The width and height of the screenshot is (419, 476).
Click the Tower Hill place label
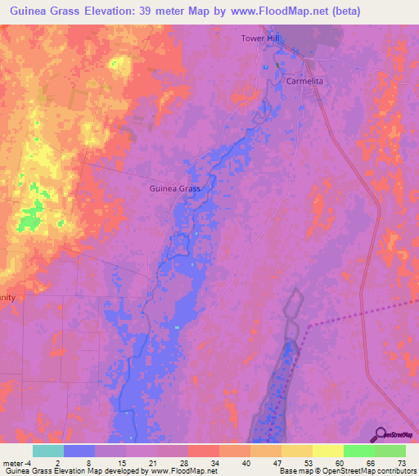(260, 38)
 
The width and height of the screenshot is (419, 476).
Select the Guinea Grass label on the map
(175, 188)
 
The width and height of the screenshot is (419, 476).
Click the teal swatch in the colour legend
(48, 451)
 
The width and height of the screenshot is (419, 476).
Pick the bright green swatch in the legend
(359, 451)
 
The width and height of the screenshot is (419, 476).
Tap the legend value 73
(402, 462)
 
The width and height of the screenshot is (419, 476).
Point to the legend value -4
(30, 462)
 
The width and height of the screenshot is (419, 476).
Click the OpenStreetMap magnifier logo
(379, 433)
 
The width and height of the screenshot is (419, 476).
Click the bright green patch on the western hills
(30, 222)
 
